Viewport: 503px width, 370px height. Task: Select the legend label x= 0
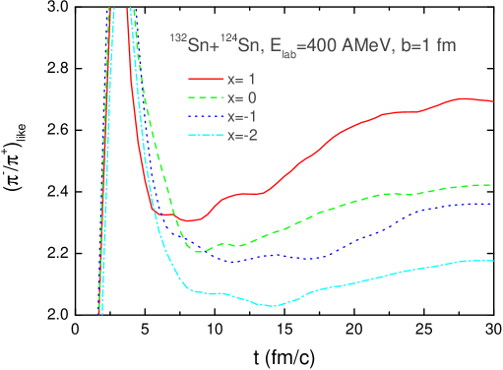(240, 97)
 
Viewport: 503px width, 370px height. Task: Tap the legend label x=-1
(240, 116)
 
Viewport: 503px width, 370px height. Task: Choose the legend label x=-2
(240, 135)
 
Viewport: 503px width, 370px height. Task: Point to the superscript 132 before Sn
(176, 39)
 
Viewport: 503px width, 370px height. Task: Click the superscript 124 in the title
(231, 39)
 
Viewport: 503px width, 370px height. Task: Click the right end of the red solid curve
(492, 101)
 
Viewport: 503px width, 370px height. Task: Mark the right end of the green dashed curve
(492, 185)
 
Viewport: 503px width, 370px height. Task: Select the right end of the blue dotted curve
(492, 204)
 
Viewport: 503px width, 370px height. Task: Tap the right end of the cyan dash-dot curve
(492, 261)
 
